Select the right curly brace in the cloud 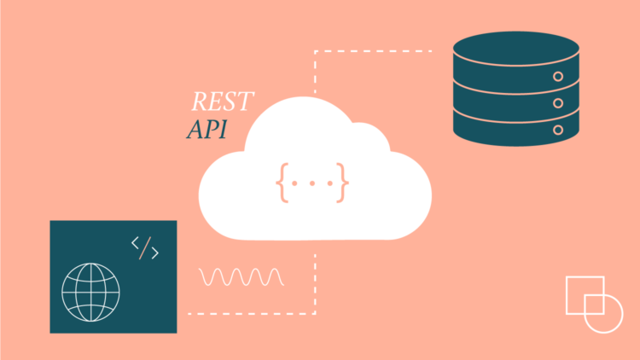click(x=342, y=182)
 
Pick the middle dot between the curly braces click(x=312, y=183)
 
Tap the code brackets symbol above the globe click(x=145, y=247)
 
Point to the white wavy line click(x=241, y=276)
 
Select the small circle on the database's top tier click(x=559, y=77)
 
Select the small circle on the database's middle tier click(x=559, y=103)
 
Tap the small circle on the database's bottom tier click(x=559, y=130)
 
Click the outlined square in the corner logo click(x=584, y=295)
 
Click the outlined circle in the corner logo click(x=603, y=312)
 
